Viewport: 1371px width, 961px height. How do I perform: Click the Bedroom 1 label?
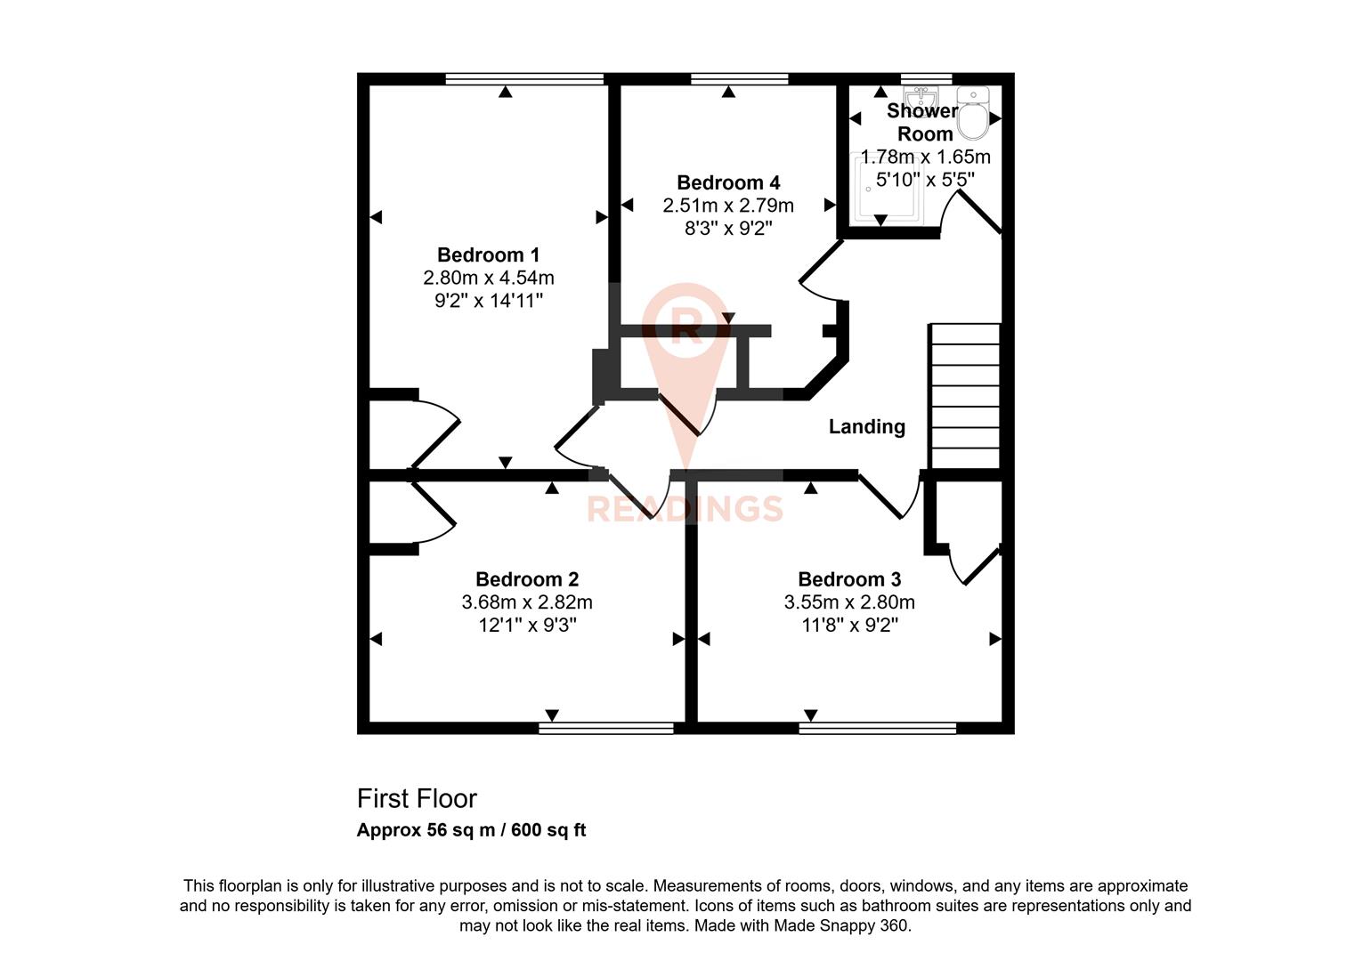(488, 254)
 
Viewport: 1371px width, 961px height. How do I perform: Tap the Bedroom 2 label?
(527, 579)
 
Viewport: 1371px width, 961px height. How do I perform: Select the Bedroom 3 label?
(849, 579)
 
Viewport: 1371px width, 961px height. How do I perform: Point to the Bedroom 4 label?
(728, 182)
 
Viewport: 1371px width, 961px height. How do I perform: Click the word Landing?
(866, 427)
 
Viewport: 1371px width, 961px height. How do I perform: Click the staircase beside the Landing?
(965, 396)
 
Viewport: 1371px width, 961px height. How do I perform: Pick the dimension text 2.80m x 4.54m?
(488, 278)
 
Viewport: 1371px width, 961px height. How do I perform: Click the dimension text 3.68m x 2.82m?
(527, 602)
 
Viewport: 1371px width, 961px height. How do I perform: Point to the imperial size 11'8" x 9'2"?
(849, 626)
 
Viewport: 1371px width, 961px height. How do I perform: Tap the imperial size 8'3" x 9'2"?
(728, 228)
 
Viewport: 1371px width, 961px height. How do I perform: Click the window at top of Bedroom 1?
(524, 78)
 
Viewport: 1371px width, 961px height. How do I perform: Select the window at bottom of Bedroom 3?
(877, 728)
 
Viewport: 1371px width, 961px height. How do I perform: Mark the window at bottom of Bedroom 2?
(606, 728)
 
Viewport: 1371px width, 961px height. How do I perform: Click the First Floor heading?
(417, 798)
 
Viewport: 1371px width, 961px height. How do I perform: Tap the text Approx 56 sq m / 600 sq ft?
(471, 830)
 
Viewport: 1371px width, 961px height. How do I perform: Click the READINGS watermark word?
(684, 509)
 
